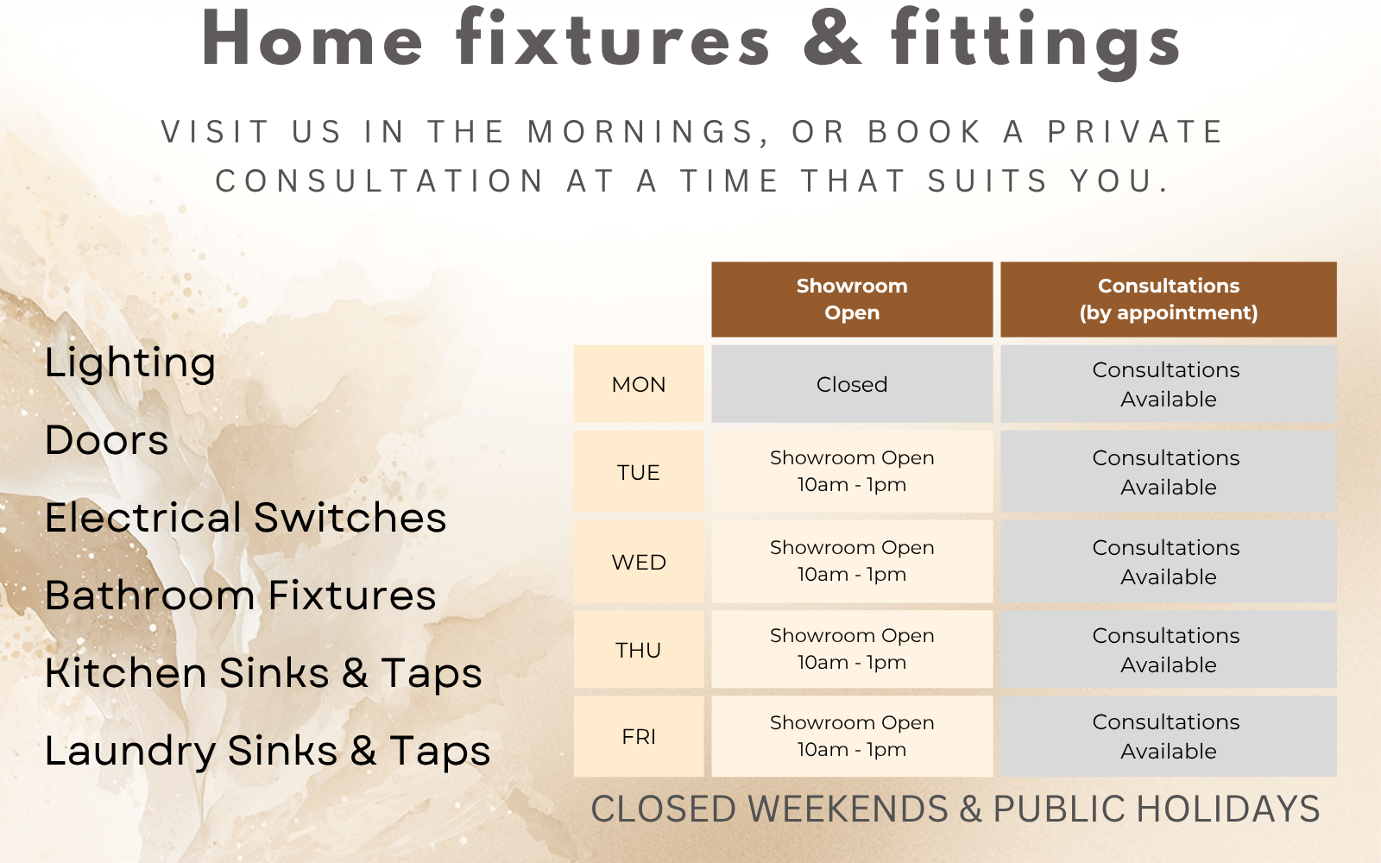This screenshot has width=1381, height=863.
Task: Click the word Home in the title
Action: (x=312, y=38)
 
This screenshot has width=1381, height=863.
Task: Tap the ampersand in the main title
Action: (x=832, y=38)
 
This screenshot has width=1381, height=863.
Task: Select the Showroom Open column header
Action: (x=852, y=299)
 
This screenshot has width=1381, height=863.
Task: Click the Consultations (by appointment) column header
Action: (x=1169, y=299)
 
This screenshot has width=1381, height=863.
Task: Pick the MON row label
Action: (x=639, y=384)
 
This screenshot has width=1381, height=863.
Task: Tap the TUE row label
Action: (x=639, y=472)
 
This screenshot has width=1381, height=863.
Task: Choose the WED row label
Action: (x=639, y=562)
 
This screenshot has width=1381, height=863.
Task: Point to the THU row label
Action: (x=639, y=650)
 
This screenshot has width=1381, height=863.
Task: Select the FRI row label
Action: (x=639, y=737)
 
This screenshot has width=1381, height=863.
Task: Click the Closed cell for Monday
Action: (x=852, y=384)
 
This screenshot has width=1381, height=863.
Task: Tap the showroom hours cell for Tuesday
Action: (x=852, y=472)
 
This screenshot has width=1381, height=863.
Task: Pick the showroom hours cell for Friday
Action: (x=852, y=737)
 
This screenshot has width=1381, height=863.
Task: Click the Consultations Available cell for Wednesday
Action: (x=1169, y=562)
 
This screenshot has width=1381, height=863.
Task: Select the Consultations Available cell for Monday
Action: (x=1169, y=384)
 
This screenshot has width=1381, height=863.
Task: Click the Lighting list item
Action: (x=130, y=363)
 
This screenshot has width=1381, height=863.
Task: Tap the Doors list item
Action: (x=107, y=440)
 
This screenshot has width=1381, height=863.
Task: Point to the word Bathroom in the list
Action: (x=150, y=595)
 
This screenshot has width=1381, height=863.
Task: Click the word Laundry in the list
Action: (x=130, y=752)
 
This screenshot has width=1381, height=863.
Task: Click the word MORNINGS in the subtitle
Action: (x=648, y=133)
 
